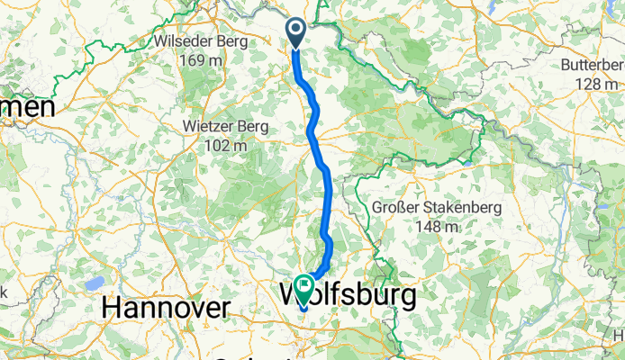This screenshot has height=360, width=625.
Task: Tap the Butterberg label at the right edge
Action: [592, 65]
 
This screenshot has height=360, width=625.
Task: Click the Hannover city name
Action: [165, 308]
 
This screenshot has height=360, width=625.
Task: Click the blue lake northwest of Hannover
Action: [95, 283]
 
